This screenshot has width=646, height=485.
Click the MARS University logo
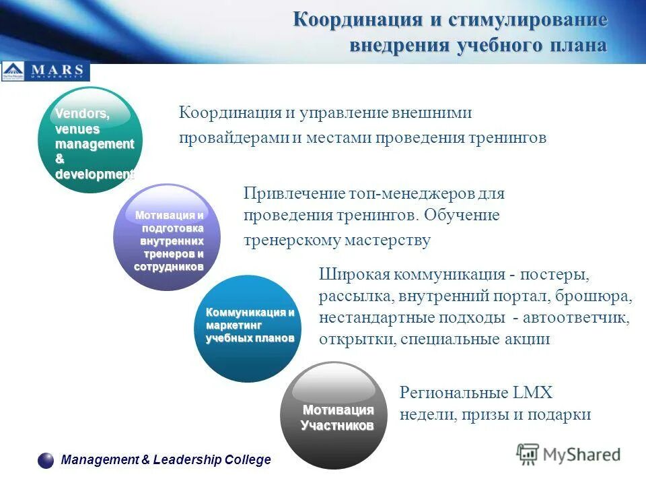45,71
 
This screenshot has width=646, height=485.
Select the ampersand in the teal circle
60,159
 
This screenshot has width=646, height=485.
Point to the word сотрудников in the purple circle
168,267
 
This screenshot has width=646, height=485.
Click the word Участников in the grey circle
336,426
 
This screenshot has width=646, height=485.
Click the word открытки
356,339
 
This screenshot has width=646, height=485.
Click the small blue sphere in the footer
46,461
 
